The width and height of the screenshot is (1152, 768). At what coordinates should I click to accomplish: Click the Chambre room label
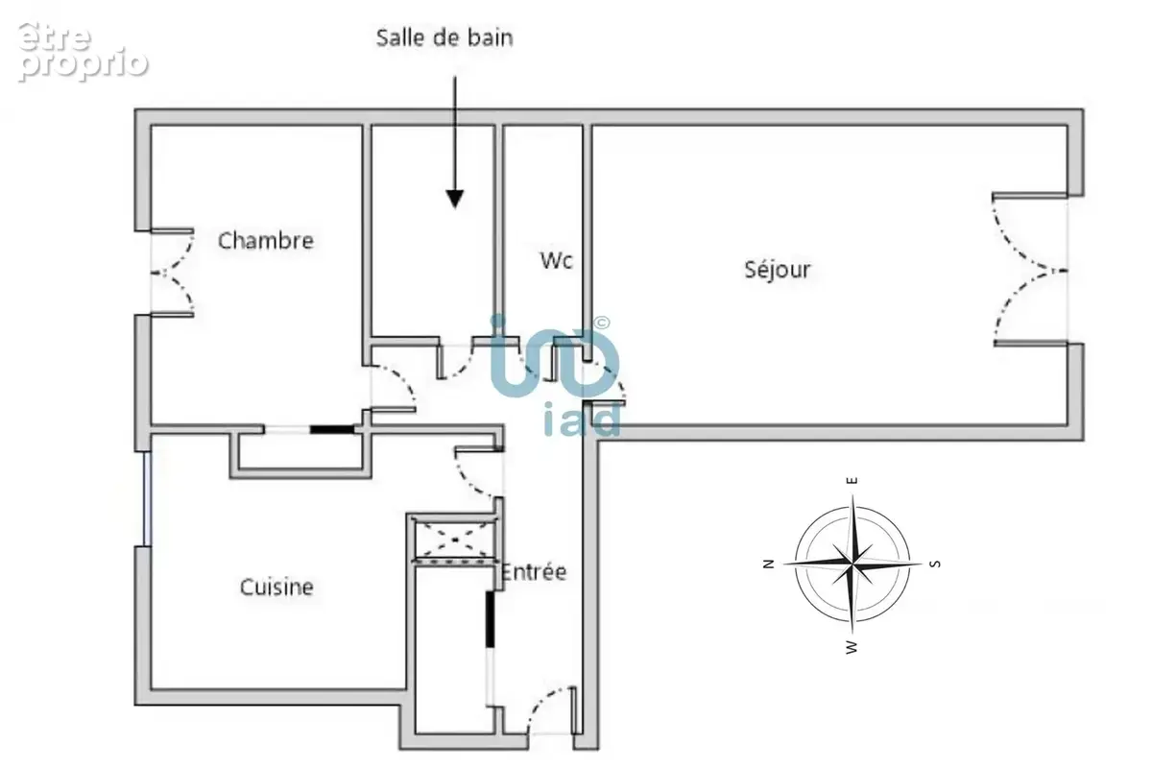click(265, 241)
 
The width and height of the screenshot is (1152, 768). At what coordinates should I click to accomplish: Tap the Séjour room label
click(778, 269)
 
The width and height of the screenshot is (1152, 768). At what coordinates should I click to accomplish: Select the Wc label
click(557, 260)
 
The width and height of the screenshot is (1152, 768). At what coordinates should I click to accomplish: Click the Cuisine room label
click(276, 587)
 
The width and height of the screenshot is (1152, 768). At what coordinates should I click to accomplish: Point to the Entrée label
click(534, 571)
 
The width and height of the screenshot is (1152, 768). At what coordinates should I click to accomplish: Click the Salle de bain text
click(444, 38)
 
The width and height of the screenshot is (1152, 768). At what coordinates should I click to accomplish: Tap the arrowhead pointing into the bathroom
click(455, 199)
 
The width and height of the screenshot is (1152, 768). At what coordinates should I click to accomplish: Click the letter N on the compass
click(768, 564)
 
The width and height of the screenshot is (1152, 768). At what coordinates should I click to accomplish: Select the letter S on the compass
click(935, 564)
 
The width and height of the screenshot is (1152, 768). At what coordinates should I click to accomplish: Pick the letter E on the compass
click(852, 480)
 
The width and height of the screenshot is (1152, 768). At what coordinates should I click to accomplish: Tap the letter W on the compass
click(852, 647)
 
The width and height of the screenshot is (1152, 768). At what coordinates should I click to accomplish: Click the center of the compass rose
click(852, 564)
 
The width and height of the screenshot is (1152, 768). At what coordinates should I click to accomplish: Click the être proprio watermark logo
click(83, 52)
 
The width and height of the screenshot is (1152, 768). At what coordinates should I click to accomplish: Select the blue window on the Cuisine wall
click(147, 498)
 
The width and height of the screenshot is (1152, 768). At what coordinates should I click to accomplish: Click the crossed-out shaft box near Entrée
click(455, 540)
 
